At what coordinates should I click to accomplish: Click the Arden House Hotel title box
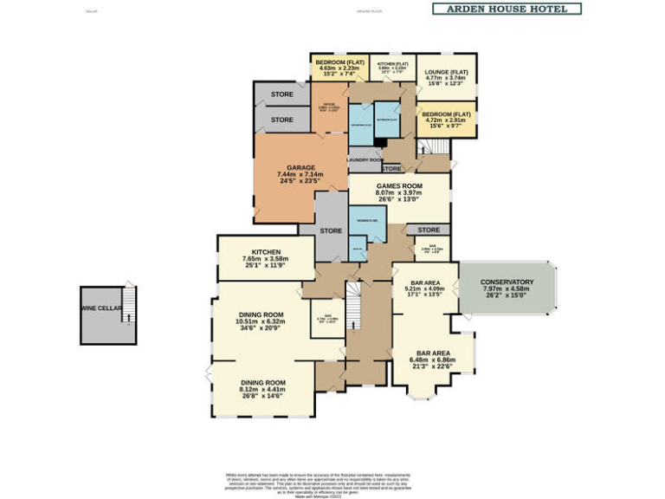[506, 9]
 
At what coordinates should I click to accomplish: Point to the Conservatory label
[507, 282]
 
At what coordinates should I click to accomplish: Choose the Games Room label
[398, 186]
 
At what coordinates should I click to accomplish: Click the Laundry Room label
[365, 160]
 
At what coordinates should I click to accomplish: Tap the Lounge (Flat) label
[446, 71]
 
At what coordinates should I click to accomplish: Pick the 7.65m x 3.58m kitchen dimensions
[265, 259]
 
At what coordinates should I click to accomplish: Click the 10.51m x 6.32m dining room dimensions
[261, 322]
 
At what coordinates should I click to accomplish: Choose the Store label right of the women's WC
[428, 230]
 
